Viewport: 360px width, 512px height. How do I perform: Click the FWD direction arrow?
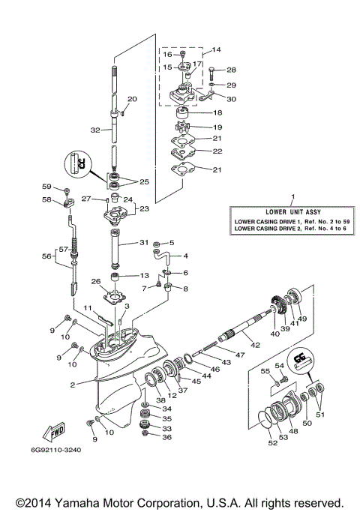[56, 433]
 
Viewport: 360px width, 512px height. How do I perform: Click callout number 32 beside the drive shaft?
[95, 130]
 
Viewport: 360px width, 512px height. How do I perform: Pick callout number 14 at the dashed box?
[217, 50]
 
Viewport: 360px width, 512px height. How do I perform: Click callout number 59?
[46, 187]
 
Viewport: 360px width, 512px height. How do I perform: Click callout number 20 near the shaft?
[133, 99]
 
